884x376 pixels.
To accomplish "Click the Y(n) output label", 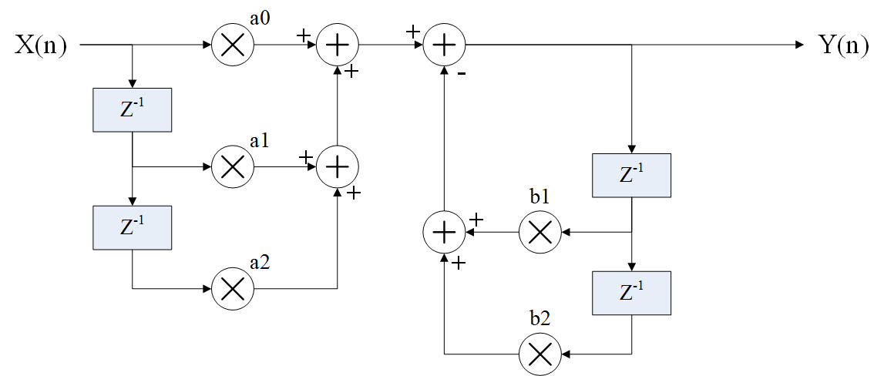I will pos(843,45).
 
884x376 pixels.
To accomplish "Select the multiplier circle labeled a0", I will pos(232,45).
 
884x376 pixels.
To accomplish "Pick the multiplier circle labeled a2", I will pos(232,288).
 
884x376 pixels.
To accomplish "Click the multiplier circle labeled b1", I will pos(539,231).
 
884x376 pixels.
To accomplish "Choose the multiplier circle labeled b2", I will pos(539,354).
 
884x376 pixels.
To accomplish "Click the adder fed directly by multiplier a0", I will pos(338,45).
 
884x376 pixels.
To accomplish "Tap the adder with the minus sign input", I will pos(444,45).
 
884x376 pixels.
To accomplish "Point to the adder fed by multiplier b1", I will pos(444,231).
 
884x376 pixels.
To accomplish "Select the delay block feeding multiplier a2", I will pos(132,228).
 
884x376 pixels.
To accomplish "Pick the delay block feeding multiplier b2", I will pos(631,293).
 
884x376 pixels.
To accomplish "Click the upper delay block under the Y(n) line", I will pos(631,175).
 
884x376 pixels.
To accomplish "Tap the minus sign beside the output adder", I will pos(461,75).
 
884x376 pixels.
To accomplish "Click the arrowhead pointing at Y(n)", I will pos(798,45).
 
